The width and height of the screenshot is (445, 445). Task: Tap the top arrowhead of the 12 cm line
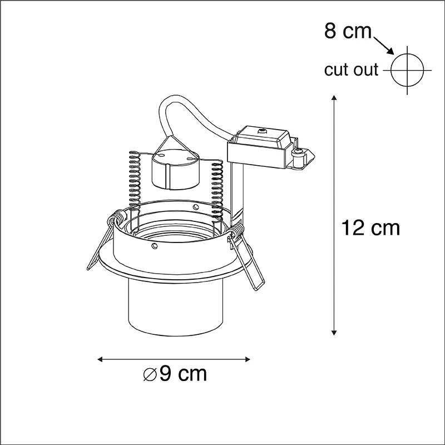tap(333, 99)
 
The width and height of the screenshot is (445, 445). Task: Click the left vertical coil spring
tap(133, 178)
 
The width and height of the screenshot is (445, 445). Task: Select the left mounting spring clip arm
tap(103, 245)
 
